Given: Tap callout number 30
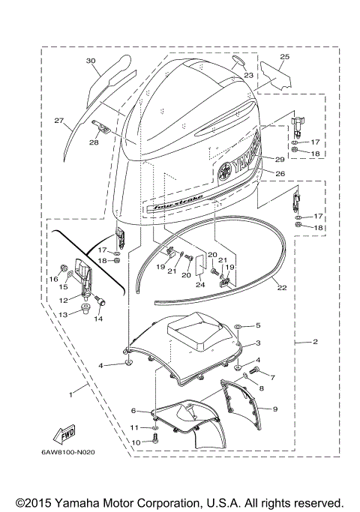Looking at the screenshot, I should click(91, 61).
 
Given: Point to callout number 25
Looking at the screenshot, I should click(284, 57).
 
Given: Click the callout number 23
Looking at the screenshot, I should click(248, 75).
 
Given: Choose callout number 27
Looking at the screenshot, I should click(58, 119).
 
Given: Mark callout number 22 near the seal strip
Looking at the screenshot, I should click(282, 287).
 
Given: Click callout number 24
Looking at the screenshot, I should click(200, 285).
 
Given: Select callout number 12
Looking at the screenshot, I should click(64, 299).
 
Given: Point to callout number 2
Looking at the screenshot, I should click(315, 342).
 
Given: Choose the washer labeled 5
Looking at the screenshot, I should click(238, 326).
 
